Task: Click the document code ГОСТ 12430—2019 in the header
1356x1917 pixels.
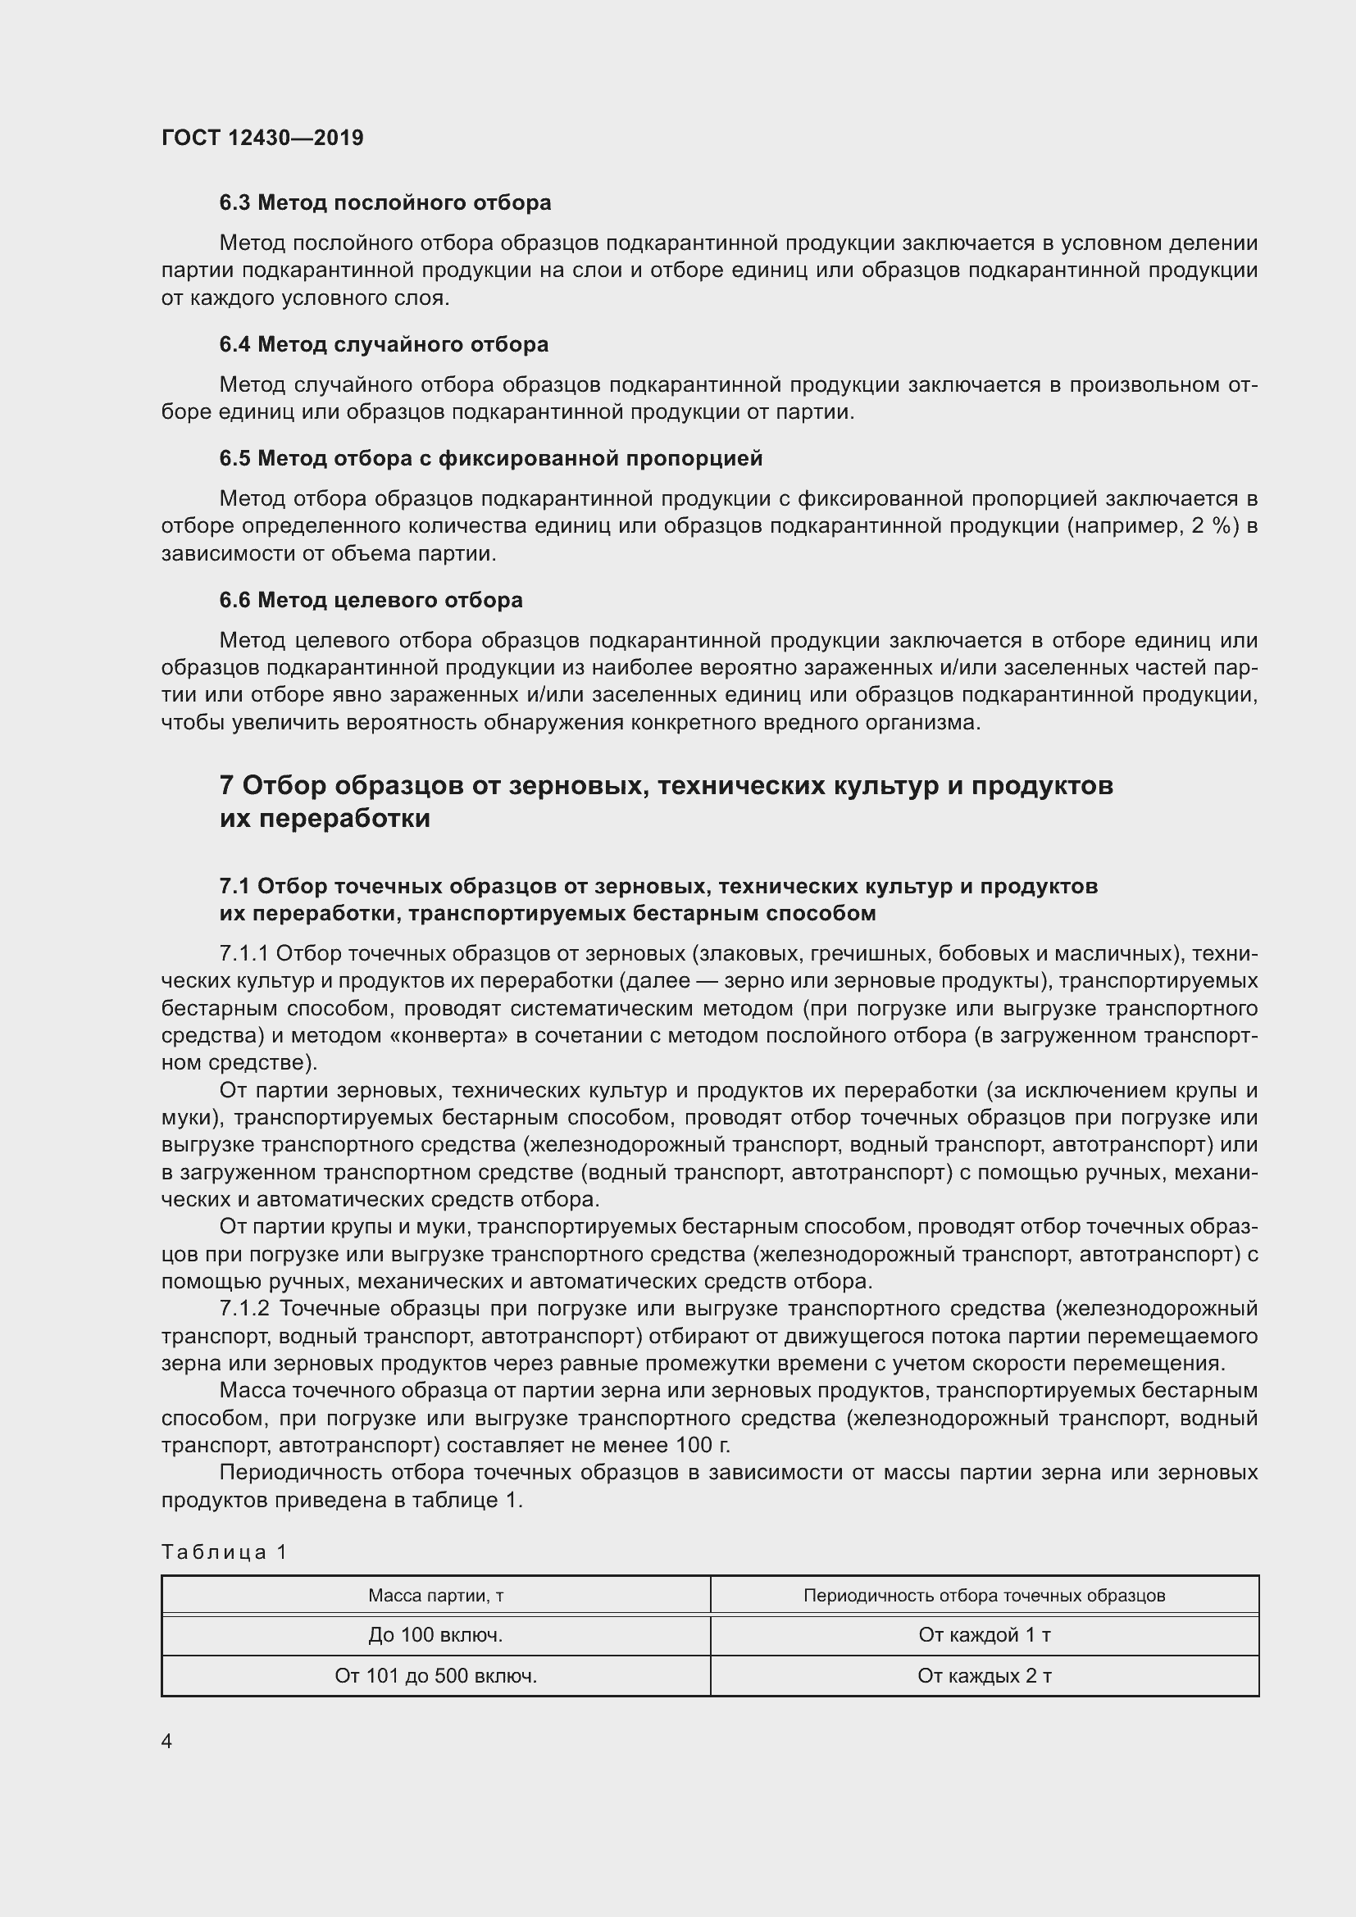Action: pyautogui.click(x=262, y=138)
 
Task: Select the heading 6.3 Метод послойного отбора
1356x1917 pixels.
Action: pyautogui.click(x=385, y=203)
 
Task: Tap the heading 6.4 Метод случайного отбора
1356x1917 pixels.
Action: pyautogui.click(x=383, y=344)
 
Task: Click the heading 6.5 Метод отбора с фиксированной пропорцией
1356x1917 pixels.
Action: pyautogui.click(x=491, y=458)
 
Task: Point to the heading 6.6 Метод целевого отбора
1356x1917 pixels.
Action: pyautogui.click(x=371, y=599)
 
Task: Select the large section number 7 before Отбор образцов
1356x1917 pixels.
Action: pyautogui.click(x=226, y=786)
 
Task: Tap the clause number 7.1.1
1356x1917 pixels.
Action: pyautogui.click(x=243, y=954)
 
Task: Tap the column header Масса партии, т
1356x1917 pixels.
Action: pyautogui.click(x=436, y=1596)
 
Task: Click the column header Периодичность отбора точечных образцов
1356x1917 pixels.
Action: pyautogui.click(x=984, y=1596)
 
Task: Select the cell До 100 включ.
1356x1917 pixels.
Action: pyautogui.click(x=436, y=1635)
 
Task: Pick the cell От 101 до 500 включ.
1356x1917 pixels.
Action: pyautogui.click(x=436, y=1676)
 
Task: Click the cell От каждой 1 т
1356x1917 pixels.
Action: pyautogui.click(x=984, y=1635)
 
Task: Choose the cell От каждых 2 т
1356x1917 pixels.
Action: pyautogui.click(x=984, y=1676)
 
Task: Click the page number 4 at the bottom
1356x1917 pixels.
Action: pyautogui.click(x=167, y=1742)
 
